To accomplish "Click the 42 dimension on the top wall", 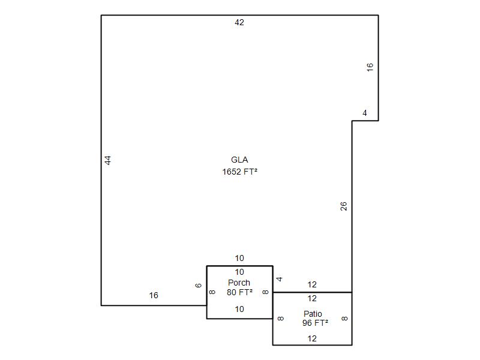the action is click(239, 22).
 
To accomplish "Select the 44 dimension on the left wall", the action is click(108, 160).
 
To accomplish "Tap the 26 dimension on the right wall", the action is click(343, 206).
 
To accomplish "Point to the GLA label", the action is click(239, 160).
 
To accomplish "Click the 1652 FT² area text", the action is click(239, 172).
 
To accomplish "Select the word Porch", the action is click(239, 283).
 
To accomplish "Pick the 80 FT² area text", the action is click(239, 292).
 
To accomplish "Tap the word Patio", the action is click(313, 314).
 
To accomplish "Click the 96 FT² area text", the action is click(316, 323).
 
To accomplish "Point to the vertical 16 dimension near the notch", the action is click(370, 67).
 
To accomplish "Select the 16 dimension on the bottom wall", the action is click(154, 295).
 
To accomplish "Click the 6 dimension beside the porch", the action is click(199, 286).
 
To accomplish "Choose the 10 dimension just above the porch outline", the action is click(239, 258).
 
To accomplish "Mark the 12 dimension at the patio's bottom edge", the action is click(312, 338).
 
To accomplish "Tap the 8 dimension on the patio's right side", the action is click(344, 319).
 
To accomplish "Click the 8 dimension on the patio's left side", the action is click(280, 319).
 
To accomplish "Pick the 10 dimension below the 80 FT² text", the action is click(239, 309).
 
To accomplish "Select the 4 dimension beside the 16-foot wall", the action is click(365, 113).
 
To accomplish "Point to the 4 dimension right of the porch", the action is click(279, 279).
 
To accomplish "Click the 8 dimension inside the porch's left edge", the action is click(212, 292).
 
